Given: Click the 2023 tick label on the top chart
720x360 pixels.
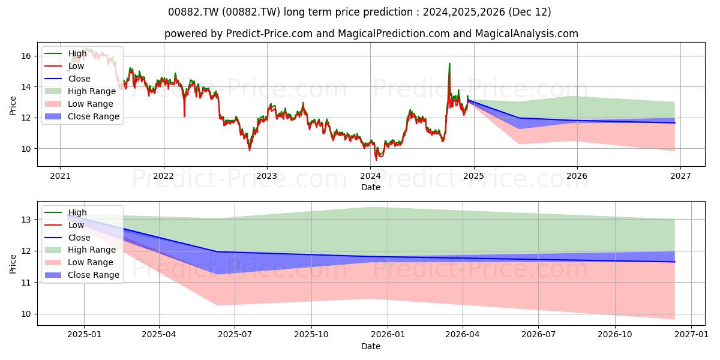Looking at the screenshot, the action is (x=267, y=176).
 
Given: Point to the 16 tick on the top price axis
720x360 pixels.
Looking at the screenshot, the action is (x=26, y=56).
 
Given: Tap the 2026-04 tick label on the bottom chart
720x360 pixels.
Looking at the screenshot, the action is (x=463, y=335).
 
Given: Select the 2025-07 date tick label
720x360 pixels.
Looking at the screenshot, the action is (x=235, y=335).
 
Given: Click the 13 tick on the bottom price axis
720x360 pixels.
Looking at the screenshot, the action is (x=26, y=220).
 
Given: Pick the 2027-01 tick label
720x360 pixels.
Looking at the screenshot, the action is (x=691, y=335).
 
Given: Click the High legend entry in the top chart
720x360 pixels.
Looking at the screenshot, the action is (x=77, y=53).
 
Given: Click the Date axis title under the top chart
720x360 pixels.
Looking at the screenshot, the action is (x=371, y=187).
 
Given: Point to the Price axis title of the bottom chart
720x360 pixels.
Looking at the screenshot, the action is (x=13, y=264).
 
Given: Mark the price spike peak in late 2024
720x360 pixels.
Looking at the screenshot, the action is (x=449, y=64).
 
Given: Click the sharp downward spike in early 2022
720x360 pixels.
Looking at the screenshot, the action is (x=185, y=116).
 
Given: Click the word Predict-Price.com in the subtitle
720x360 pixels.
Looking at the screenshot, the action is (x=269, y=34).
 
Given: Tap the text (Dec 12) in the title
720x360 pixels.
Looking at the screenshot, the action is (x=530, y=12).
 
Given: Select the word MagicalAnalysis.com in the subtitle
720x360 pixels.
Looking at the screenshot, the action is (x=527, y=34).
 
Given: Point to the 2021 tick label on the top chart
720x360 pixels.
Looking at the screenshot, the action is (x=60, y=176).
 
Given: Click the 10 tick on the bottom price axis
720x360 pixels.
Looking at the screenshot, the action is (x=26, y=314).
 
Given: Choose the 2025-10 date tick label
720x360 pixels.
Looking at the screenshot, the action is (x=311, y=335).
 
